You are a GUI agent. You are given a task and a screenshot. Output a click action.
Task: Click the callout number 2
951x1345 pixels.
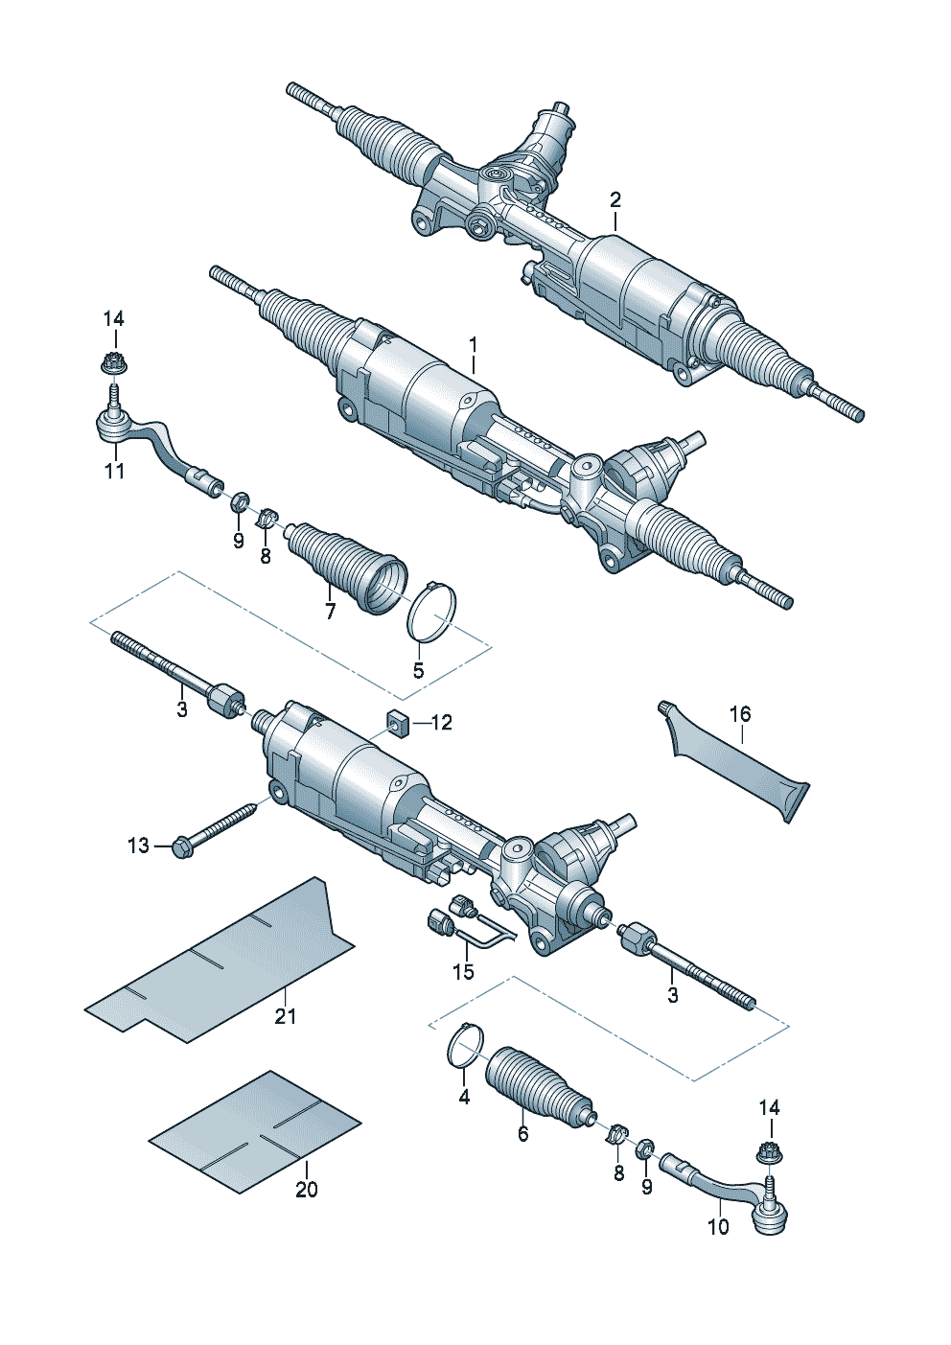pos(615,200)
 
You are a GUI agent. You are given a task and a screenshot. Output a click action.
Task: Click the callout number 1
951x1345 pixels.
pos(473,345)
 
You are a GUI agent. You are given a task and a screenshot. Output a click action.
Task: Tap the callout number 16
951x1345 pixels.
pos(740,714)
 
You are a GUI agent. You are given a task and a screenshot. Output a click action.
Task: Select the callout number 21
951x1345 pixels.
pos(285,1016)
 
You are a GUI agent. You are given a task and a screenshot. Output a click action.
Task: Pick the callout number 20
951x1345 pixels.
pos(306,1190)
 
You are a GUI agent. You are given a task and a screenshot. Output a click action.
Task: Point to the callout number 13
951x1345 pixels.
pos(138,846)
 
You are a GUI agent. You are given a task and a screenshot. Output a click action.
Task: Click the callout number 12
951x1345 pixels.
pos(441,722)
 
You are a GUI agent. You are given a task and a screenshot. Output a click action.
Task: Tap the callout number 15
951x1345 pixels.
pos(463,971)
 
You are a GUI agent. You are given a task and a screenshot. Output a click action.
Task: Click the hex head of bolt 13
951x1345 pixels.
pos(181,847)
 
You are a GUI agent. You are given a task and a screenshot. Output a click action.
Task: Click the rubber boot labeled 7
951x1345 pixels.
pos(346,568)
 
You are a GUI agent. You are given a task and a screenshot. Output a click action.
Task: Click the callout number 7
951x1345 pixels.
pos(330,612)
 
